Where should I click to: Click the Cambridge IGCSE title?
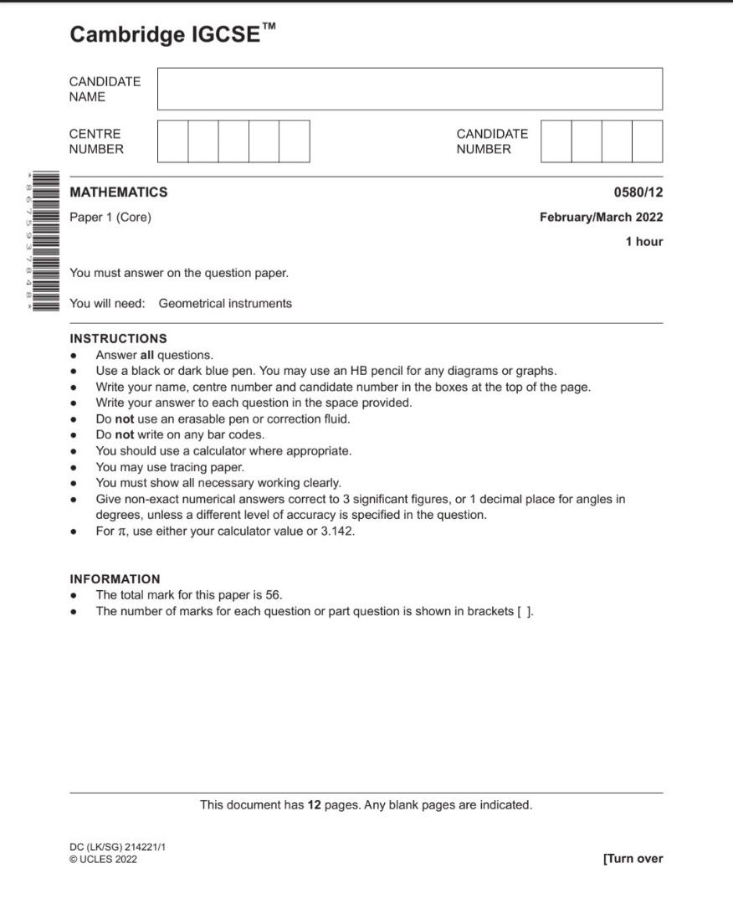point(172,34)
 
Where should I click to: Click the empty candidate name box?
point(409,89)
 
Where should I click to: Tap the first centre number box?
point(172,141)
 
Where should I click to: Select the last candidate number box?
point(647,141)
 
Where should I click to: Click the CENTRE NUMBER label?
point(96,141)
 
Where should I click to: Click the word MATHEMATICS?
point(118,193)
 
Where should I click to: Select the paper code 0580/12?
point(638,193)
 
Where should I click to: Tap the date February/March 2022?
point(601,218)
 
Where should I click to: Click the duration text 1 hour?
point(643,242)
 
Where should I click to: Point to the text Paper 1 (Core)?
point(110,218)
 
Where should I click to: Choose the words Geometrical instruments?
point(225,304)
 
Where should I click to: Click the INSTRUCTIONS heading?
point(118,339)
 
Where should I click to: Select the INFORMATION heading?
point(115,579)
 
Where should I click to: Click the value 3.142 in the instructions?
point(336,531)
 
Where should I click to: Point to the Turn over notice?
point(633,858)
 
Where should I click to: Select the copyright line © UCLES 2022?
point(103,859)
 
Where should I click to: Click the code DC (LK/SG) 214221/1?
point(118,847)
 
